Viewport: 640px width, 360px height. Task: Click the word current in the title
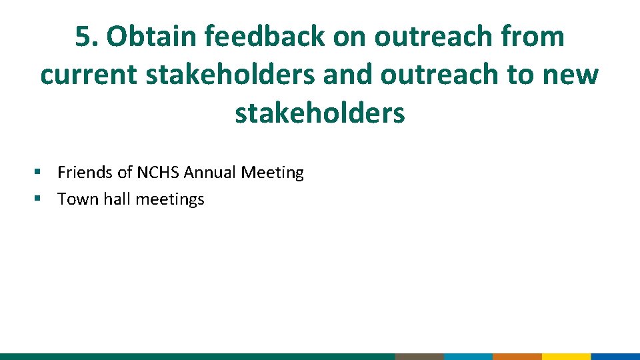(x=88, y=75)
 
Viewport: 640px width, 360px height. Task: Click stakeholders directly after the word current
(x=230, y=75)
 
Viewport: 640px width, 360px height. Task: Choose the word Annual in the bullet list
(x=210, y=173)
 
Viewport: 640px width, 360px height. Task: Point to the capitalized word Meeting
(x=272, y=173)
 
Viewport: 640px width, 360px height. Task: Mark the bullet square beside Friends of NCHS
(x=39, y=173)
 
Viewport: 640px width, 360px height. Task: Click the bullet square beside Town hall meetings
(x=39, y=199)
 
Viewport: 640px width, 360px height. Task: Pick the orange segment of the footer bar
(x=517, y=357)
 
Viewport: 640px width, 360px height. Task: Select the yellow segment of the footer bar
(x=566, y=357)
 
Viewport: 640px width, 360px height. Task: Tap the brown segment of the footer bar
(x=419, y=357)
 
